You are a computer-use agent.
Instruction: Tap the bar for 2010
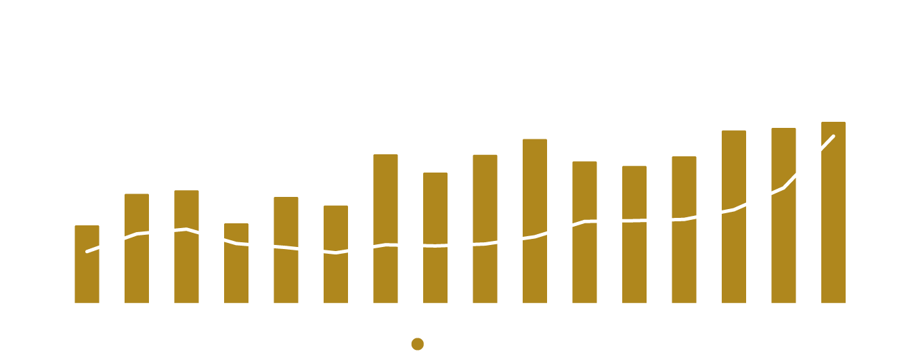point(87,264)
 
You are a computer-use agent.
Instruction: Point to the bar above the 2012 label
point(186,246)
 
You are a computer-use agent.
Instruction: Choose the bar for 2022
point(685,229)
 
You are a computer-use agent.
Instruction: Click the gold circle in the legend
point(417,345)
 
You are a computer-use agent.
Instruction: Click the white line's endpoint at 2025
point(833,136)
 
